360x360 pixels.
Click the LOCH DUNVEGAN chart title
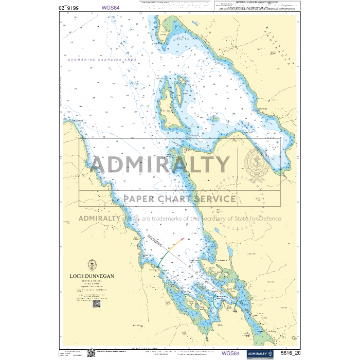pyautogui.click(x=93, y=276)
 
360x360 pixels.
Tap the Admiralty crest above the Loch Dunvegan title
pyautogui.click(x=92, y=265)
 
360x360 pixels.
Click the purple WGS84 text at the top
pyautogui.click(x=111, y=7)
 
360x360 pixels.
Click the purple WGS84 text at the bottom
pyautogui.click(x=230, y=353)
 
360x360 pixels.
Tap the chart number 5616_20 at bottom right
pyautogui.click(x=290, y=353)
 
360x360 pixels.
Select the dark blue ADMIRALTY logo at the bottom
pyautogui.click(x=259, y=353)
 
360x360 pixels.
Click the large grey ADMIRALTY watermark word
pyautogui.click(x=160, y=165)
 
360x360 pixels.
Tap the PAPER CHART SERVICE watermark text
pyautogui.click(x=179, y=199)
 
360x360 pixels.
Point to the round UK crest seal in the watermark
pyautogui.click(x=256, y=163)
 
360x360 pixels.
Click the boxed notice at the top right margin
pyautogui.click(x=255, y=6)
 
